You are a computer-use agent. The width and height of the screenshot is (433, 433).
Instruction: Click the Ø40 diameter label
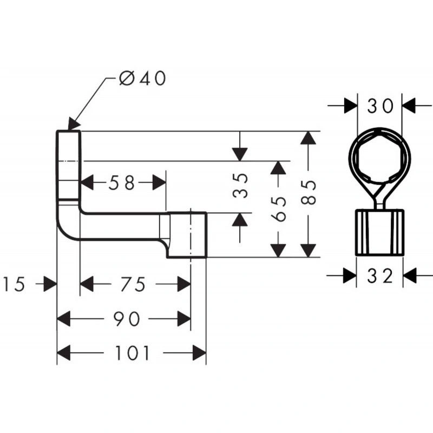pyautogui.click(x=142, y=78)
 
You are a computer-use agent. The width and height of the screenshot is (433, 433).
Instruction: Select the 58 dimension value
pyautogui.click(x=122, y=183)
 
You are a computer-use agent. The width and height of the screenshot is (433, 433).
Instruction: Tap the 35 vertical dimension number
pyautogui.click(x=240, y=186)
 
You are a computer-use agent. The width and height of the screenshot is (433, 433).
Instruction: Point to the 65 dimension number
pyautogui.click(x=278, y=209)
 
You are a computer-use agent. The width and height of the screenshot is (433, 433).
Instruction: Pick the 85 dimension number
pyautogui.click(x=308, y=192)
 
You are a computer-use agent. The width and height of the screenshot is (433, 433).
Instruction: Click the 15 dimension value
pyautogui.click(x=14, y=284)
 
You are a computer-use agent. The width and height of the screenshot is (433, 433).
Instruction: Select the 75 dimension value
pyautogui.click(x=133, y=284)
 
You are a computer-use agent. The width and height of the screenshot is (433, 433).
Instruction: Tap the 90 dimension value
pyautogui.click(x=127, y=319)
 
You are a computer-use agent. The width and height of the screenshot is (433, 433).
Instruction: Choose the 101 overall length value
pyautogui.click(x=132, y=353)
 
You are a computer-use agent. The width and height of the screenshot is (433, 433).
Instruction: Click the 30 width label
pyautogui.click(x=380, y=106)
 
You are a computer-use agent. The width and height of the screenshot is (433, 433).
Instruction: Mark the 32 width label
pyautogui.click(x=380, y=276)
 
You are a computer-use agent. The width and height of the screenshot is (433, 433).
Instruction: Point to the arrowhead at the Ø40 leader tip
pyautogui.click(x=74, y=123)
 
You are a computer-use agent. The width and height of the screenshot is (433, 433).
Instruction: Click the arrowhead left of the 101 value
pyautogui.click(x=63, y=353)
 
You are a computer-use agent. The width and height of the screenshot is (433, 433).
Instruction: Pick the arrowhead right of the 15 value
pyautogui.click(x=50, y=284)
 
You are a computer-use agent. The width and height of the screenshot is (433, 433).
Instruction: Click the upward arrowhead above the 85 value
pyautogui.click(x=308, y=138)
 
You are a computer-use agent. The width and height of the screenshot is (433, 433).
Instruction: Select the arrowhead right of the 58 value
pyautogui.click(x=159, y=183)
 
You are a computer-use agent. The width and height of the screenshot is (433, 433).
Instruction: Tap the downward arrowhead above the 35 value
pyautogui.click(x=240, y=154)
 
